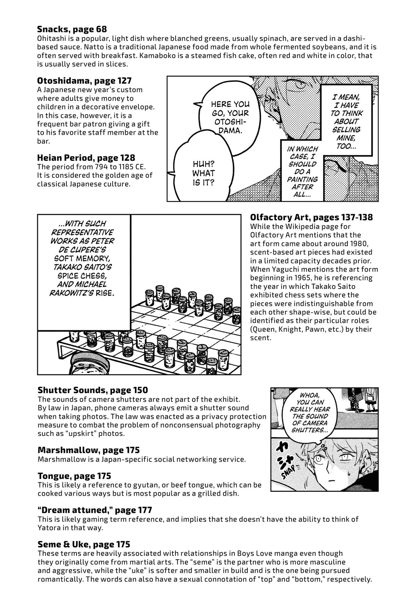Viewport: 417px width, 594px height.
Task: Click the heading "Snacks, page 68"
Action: click(x=72, y=29)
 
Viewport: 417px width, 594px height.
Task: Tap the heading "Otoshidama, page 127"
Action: click(x=84, y=81)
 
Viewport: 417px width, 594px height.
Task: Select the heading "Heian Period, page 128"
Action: click(x=86, y=158)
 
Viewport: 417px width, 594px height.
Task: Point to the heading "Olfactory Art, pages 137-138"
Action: click(x=311, y=218)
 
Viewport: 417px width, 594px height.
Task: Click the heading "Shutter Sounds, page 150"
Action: click(x=93, y=390)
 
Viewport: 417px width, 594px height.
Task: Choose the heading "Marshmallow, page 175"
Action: click(x=89, y=450)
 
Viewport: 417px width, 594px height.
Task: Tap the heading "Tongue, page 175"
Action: click(x=74, y=476)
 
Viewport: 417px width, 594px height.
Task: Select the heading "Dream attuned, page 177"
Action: click(x=95, y=510)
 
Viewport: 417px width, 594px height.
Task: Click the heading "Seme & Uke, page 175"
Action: click(x=84, y=544)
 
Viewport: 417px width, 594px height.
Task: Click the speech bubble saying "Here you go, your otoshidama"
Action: click(x=228, y=117)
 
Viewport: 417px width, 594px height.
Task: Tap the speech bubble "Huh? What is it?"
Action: click(x=203, y=170)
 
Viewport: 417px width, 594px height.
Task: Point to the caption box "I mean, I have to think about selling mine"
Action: click(x=346, y=121)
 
